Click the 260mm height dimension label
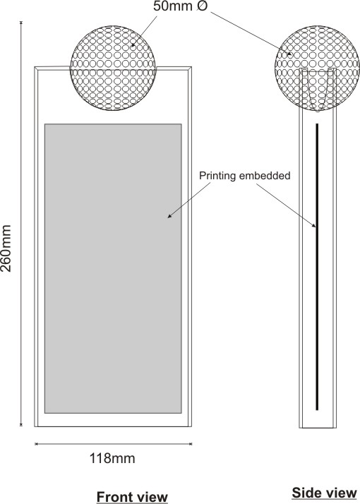(6, 248)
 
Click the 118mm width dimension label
(112, 458)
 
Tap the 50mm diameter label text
(181, 6)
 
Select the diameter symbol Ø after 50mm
(202, 6)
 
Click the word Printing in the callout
(217, 176)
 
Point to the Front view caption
(132, 497)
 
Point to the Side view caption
(324, 493)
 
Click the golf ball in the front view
(113, 68)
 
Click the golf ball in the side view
(317, 68)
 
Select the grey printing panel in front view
(113, 268)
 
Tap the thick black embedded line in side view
(317, 267)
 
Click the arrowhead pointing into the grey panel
(169, 216)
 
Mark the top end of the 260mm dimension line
(21, 22)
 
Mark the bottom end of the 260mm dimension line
(21, 426)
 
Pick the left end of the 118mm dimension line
(35, 444)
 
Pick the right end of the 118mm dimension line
(191, 444)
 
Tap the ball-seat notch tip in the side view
(318, 112)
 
